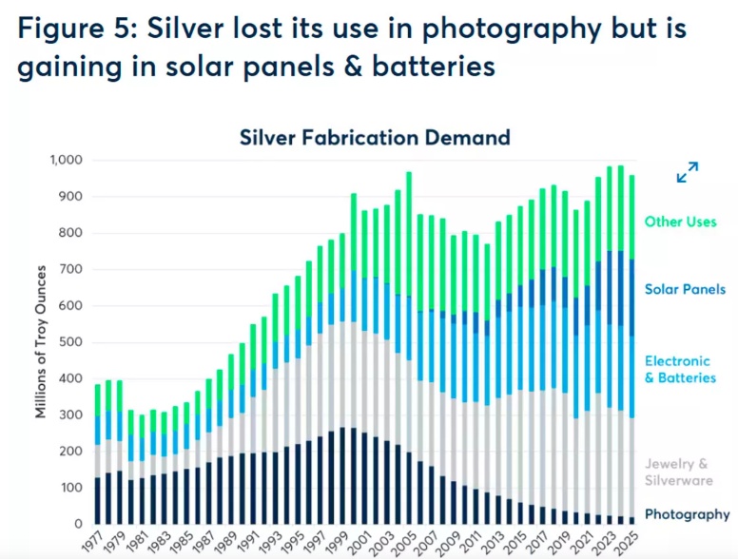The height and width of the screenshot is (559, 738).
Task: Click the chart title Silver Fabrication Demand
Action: tap(374, 137)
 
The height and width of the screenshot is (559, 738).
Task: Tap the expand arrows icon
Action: tap(687, 172)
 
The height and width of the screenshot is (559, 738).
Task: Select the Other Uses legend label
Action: tap(681, 222)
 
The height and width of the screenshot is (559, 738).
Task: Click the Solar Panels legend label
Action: tap(685, 289)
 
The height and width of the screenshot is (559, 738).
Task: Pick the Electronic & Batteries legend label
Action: tap(677, 369)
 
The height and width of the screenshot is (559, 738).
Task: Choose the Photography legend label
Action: tap(687, 514)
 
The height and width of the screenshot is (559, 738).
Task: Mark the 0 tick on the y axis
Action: tap(80, 524)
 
